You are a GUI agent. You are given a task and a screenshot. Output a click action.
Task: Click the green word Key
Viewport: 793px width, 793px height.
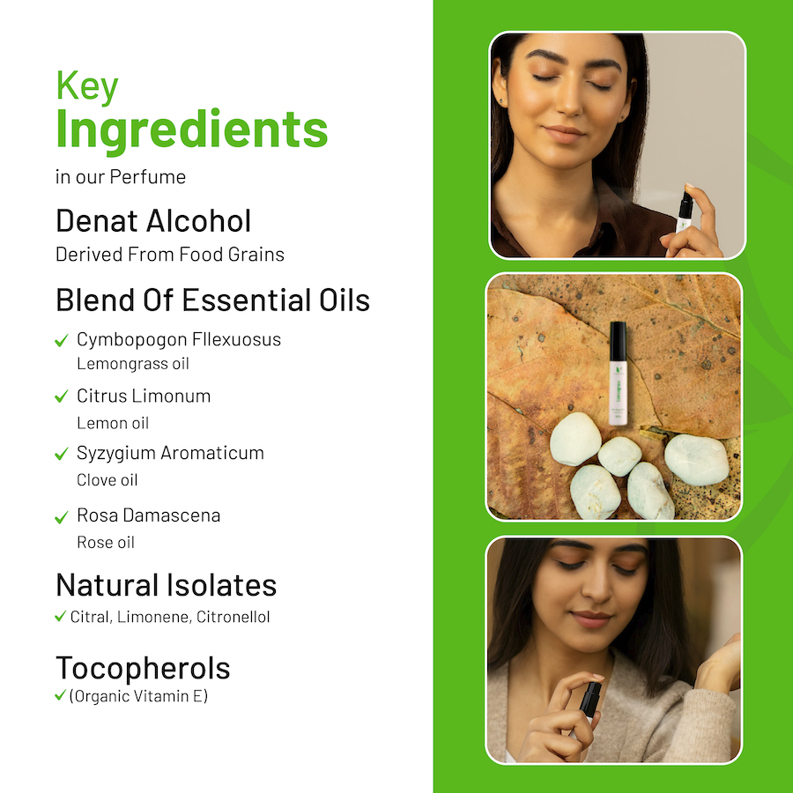pyautogui.click(x=87, y=87)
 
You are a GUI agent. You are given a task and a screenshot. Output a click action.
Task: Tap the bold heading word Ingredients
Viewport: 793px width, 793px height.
pyautogui.click(x=192, y=130)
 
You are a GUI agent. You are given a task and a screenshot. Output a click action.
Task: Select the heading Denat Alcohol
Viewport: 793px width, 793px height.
pyautogui.click(x=153, y=221)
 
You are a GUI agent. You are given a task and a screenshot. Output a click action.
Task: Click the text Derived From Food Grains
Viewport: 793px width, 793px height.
pyautogui.click(x=170, y=255)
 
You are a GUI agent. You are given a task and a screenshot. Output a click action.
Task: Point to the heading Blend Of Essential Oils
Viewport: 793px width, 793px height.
pyautogui.click(x=213, y=300)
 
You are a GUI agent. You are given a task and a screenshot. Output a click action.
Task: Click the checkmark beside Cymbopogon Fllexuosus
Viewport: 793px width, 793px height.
pyautogui.click(x=61, y=340)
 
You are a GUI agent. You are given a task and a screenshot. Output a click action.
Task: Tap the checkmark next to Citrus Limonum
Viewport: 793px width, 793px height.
pyautogui.click(x=61, y=396)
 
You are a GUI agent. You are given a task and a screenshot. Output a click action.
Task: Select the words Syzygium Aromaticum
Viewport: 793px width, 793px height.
pyautogui.click(x=170, y=454)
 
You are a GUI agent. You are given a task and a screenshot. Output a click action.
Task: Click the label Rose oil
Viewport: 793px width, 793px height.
pyautogui.click(x=106, y=542)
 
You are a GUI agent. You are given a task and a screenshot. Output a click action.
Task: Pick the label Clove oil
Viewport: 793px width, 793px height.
pyautogui.click(x=107, y=480)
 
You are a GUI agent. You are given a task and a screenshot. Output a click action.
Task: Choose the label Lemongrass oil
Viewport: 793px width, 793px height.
pyautogui.click(x=133, y=364)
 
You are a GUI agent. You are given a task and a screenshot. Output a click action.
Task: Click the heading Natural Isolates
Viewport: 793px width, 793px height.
pyautogui.click(x=167, y=585)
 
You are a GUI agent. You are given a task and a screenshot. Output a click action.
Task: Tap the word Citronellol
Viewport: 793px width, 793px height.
pyautogui.click(x=233, y=617)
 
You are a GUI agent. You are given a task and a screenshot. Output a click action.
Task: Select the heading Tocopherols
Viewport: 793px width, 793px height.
pyautogui.click(x=143, y=668)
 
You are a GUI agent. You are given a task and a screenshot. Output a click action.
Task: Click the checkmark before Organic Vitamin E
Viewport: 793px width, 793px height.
pyautogui.click(x=60, y=695)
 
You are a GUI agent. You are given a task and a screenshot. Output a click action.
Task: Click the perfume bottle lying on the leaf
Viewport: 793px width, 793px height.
pyautogui.click(x=618, y=374)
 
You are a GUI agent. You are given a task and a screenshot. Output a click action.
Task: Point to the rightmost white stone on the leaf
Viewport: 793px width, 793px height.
pyautogui.click(x=696, y=460)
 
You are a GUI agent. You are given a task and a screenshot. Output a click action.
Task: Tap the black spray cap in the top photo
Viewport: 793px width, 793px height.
pyautogui.click(x=686, y=204)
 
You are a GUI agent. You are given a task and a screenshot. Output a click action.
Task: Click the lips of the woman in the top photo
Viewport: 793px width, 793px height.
pyautogui.click(x=563, y=134)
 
